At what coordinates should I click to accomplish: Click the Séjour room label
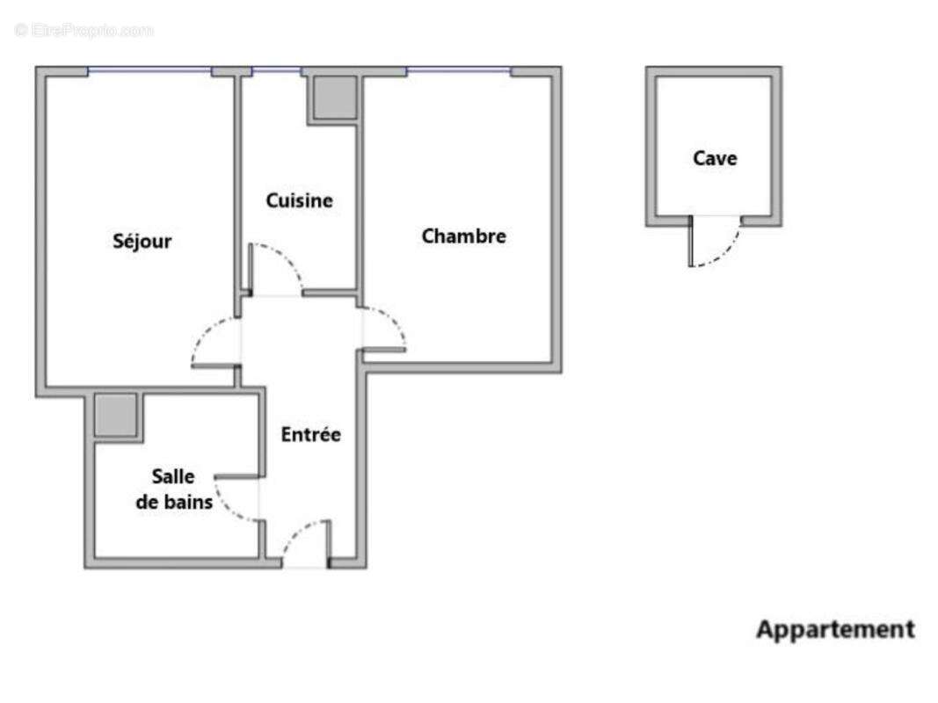click(x=142, y=241)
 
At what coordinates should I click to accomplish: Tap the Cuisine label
click(x=300, y=200)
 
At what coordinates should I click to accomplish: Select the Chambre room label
click(x=463, y=236)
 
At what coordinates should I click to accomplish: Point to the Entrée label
click(x=310, y=434)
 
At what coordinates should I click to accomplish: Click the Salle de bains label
click(x=180, y=489)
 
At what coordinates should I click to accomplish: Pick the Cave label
click(x=715, y=158)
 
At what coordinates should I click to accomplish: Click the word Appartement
click(x=835, y=629)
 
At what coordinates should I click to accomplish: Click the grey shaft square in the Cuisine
click(x=333, y=97)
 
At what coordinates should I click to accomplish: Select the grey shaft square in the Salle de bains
click(x=116, y=415)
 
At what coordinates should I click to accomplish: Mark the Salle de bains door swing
click(x=234, y=502)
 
